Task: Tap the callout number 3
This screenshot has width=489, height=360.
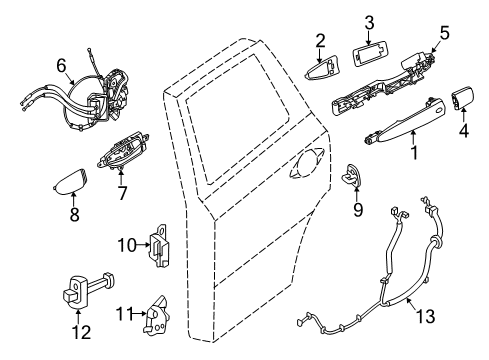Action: tap(368, 22)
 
